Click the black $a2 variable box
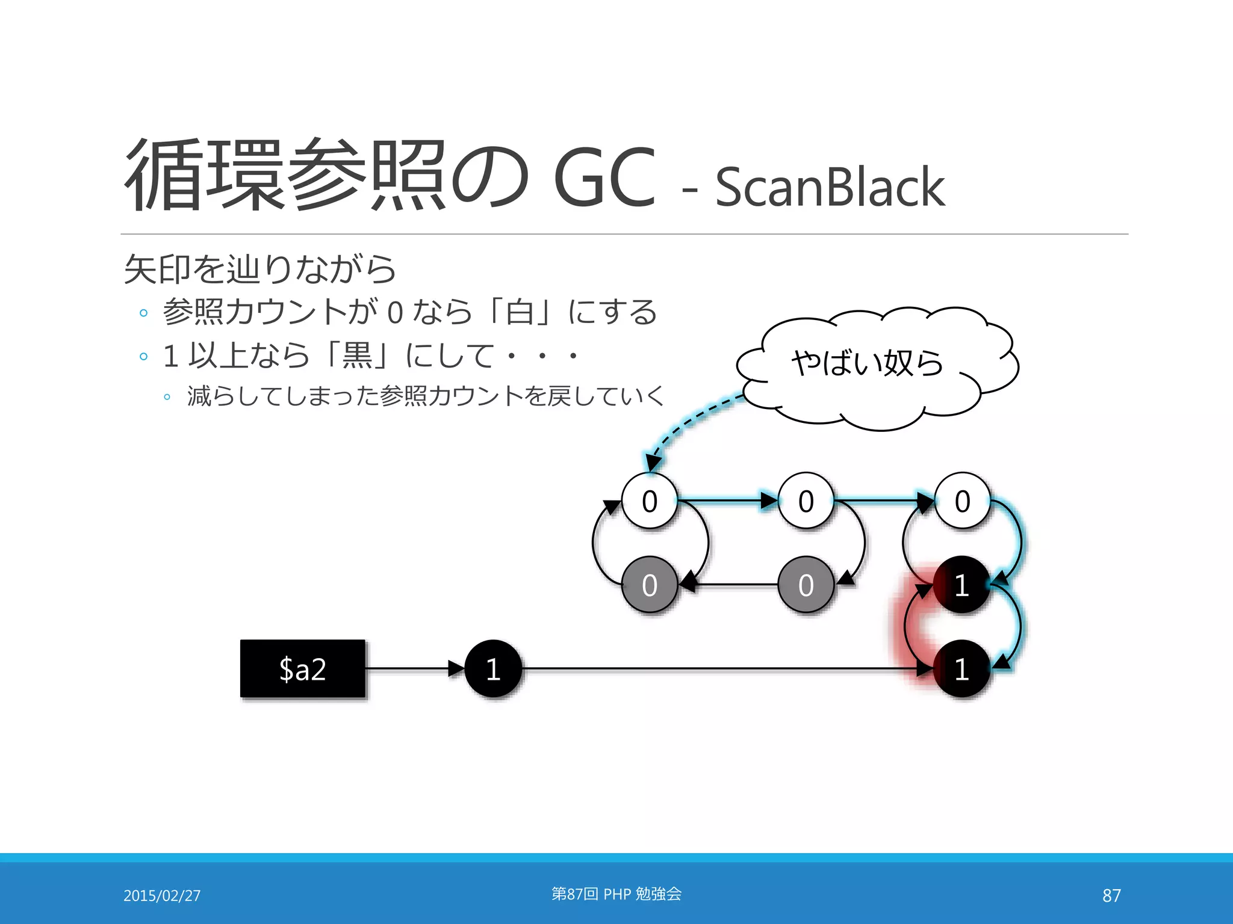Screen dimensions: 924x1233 point(303,668)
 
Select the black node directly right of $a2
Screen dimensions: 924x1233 point(493,668)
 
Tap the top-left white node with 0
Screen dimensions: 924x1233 point(650,500)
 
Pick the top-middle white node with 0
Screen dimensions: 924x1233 point(806,500)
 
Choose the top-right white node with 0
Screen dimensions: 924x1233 point(962,500)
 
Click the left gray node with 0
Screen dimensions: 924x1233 point(650,585)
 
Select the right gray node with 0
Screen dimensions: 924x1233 point(806,585)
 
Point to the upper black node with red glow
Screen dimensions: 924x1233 point(961,585)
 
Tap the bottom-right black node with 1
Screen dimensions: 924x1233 point(961,668)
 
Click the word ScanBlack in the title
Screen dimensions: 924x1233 point(830,188)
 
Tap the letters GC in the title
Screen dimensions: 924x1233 point(604,177)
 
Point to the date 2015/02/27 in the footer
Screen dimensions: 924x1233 point(162,896)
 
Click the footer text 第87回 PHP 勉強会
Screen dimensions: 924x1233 point(616,894)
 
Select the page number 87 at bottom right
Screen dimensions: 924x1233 point(1111,896)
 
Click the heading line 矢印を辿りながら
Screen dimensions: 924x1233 point(260,269)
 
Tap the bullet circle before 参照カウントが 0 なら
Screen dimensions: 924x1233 point(143,313)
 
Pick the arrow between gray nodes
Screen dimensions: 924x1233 point(731,584)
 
